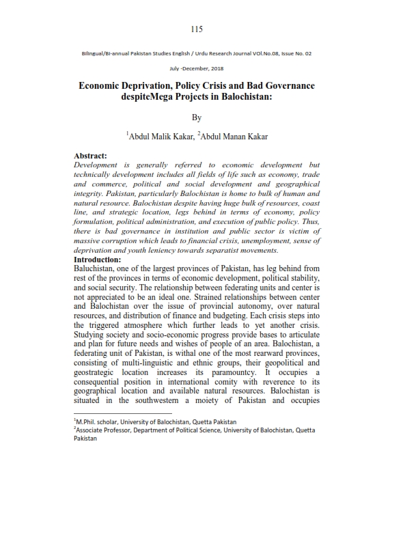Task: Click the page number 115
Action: pyautogui.click(x=197, y=29)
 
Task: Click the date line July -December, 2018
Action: pyautogui.click(x=197, y=68)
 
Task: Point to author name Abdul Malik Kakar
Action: pyautogui.click(x=161, y=137)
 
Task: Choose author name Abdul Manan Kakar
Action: pyautogui.click(x=234, y=137)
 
